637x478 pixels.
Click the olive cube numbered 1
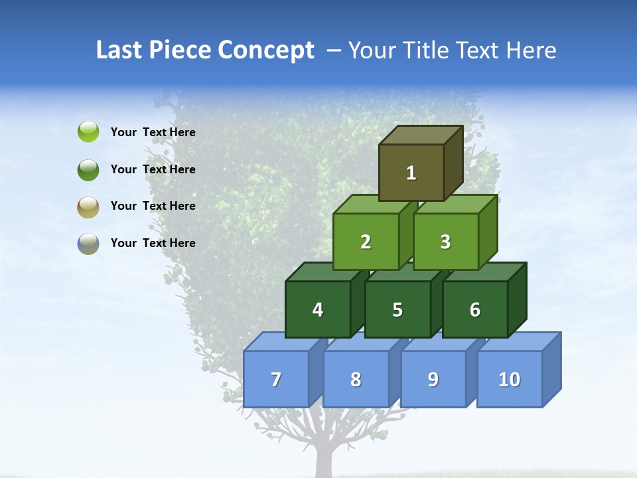411,173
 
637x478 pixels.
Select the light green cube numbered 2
366,242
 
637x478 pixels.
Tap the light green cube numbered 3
445,242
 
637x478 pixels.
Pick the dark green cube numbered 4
318,309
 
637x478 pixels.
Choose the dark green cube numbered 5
397,309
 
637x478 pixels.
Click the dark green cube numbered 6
475,309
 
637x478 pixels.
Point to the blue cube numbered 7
276,379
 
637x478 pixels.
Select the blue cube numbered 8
356,379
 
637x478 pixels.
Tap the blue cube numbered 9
433,379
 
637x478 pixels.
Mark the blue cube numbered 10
510,379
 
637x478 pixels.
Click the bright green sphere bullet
88,132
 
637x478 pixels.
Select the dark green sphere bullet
88,169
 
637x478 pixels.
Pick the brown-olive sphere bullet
88,206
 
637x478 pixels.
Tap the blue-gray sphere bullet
88,243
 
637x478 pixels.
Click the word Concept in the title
267,50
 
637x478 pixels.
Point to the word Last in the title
119,50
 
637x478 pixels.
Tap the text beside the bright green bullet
153,132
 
